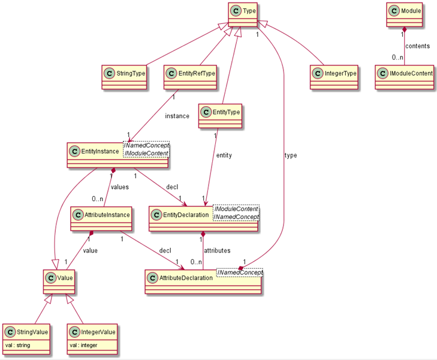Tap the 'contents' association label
pos(418,45)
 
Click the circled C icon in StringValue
pos(11,332)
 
